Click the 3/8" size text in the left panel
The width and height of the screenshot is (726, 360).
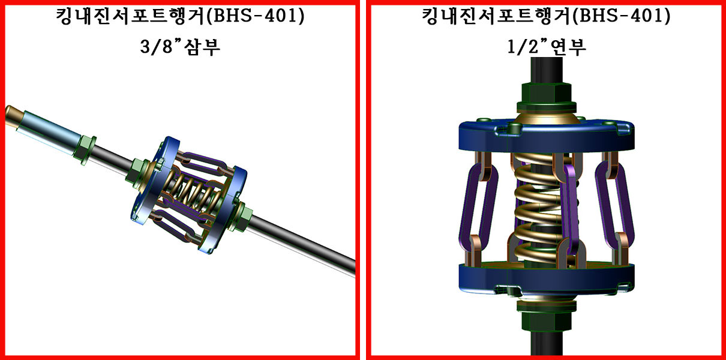[x=157, y=47]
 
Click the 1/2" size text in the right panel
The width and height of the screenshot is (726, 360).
[x=523, y=47]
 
